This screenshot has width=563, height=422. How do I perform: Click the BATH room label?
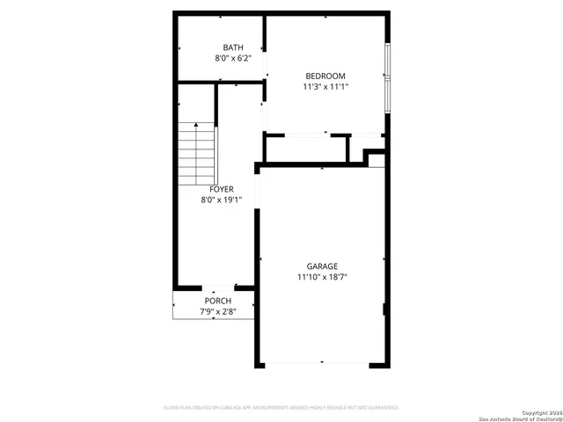click(233, 47)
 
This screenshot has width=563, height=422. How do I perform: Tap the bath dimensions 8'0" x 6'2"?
click(233, 58)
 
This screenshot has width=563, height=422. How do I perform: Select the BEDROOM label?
click(325, 76)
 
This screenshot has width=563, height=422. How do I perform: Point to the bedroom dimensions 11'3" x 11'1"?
click(325, 86)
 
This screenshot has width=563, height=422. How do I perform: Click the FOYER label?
click(221, 189)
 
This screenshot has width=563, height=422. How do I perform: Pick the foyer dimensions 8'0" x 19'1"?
click(221, 200)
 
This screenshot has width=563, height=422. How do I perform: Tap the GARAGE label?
click(322, 266)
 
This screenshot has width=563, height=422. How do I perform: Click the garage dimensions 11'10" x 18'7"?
click(322, 277)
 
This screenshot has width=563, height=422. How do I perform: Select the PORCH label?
click(217, 302)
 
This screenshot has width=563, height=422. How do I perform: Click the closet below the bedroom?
click(306, 149)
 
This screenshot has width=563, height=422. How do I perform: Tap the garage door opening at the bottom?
click(322, 363)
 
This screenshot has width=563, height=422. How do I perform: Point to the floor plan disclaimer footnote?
click(281, 408)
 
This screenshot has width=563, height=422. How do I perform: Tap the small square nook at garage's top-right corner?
click(377, 159)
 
